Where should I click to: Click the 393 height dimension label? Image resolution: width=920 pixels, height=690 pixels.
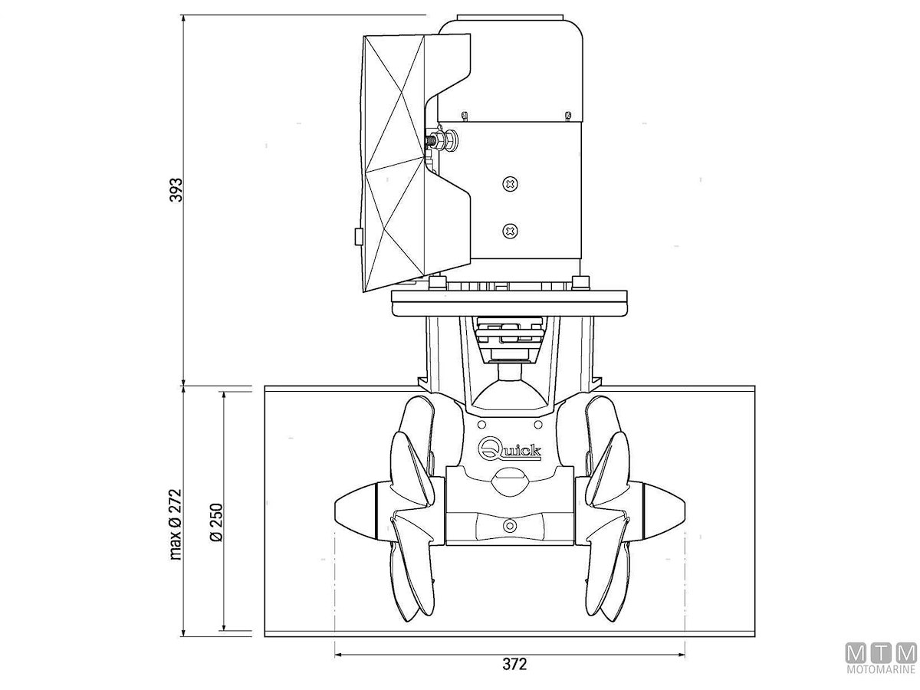[176, 190]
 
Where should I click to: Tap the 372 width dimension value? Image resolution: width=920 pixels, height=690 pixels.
[514, 664]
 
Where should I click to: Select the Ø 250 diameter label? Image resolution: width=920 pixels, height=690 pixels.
[217, 522]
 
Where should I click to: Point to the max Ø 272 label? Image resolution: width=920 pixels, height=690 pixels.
[176, 524]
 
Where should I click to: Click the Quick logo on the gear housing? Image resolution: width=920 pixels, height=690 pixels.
[509, 450]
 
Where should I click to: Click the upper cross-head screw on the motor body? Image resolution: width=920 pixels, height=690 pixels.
[511, 183]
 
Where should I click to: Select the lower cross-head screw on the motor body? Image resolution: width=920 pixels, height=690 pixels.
[510, 231]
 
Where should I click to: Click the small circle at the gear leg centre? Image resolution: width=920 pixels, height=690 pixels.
[510, 524]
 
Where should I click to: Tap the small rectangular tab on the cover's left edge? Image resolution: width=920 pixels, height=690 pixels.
[358, 236]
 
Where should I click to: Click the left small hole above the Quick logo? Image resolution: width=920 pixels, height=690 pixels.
[481, 425]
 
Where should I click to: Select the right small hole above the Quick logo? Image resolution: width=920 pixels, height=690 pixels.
[538, 425]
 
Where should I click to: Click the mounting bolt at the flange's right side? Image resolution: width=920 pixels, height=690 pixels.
[580, 283]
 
